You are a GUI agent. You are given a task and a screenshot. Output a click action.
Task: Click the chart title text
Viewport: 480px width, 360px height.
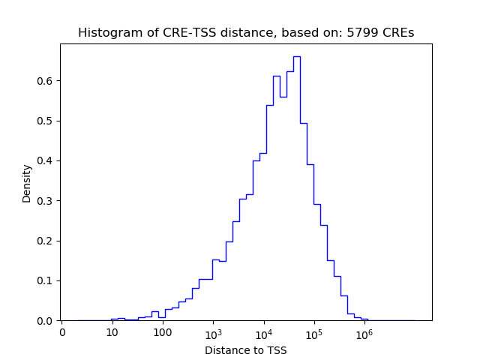pyautogui.click(x=246, y=33)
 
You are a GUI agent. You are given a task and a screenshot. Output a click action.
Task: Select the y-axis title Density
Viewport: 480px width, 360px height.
pyautogui.click(x=27, y=183)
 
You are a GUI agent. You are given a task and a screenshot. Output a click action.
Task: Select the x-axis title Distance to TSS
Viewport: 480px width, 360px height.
pyautogui.click(x=246, y=350)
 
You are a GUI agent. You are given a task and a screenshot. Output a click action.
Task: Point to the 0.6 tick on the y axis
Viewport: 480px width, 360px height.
pyautogui.click(x=46, y=80)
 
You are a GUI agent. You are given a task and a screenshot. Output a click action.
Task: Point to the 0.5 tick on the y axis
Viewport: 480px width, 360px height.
pyautogui.click(x=46, y=121)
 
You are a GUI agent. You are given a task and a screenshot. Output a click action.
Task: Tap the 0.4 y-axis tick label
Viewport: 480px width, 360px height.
pyautogui.click(x=46, y=160)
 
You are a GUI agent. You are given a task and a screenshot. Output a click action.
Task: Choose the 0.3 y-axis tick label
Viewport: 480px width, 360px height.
pyautogui.click(x=46, y=201)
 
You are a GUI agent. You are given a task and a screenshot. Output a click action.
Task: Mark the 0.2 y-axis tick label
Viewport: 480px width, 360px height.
pyautogui.click(x=46, y=241)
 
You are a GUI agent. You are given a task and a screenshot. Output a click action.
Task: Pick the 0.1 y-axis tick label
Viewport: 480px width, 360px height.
pyautogui.click(x=46, y=280)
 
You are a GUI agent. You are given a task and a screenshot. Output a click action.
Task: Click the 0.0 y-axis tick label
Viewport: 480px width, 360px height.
pyautogui.click(x=46, y=321)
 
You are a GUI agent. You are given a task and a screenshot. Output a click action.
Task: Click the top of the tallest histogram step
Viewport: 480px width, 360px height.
pyautogui.click(x=296, y=56)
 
